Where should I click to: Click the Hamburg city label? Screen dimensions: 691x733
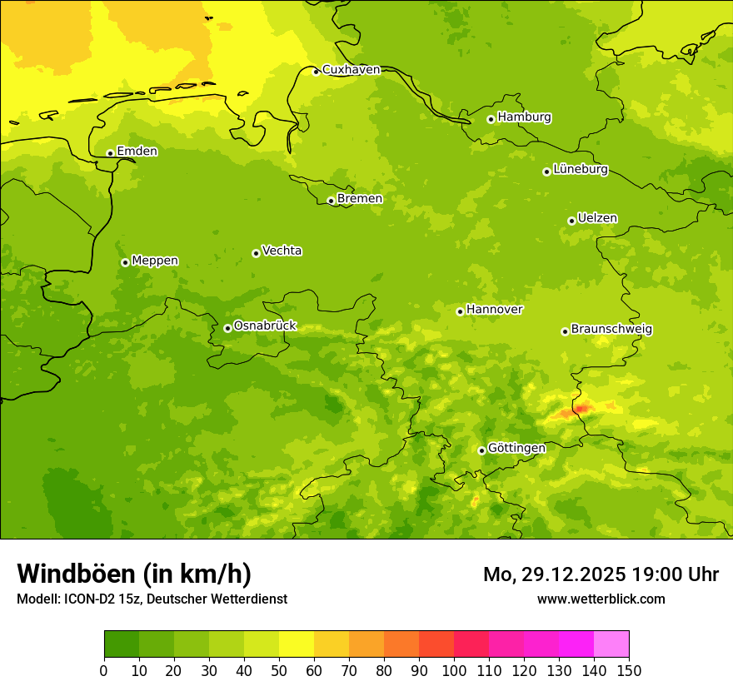(524, 117)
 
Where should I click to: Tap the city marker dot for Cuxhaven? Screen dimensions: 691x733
(316, 72)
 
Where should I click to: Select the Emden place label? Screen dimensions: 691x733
(137, 152)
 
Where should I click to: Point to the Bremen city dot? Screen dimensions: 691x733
(331, 201)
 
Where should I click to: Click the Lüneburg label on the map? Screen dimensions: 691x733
(580, 169)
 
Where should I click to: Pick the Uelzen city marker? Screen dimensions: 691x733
(571, 221)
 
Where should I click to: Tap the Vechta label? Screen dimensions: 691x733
(282, 251)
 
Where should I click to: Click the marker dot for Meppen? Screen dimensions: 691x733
(125, 262)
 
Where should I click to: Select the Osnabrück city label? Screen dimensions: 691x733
(264, 326)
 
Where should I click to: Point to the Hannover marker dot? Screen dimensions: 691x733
(460, 311)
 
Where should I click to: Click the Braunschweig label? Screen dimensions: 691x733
(611, 329)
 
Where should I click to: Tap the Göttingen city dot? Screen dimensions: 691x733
(481, 450)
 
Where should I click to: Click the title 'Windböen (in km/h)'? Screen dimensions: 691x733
(134, 574)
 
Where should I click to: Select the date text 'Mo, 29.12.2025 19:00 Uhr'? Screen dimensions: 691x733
(601, 574)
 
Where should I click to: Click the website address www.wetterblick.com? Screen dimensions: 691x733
(601, 599)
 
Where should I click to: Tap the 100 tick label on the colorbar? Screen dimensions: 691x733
(454, 670)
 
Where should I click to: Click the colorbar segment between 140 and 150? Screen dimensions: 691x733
(611, 644)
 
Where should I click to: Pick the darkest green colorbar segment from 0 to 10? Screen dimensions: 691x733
(122, 644)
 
